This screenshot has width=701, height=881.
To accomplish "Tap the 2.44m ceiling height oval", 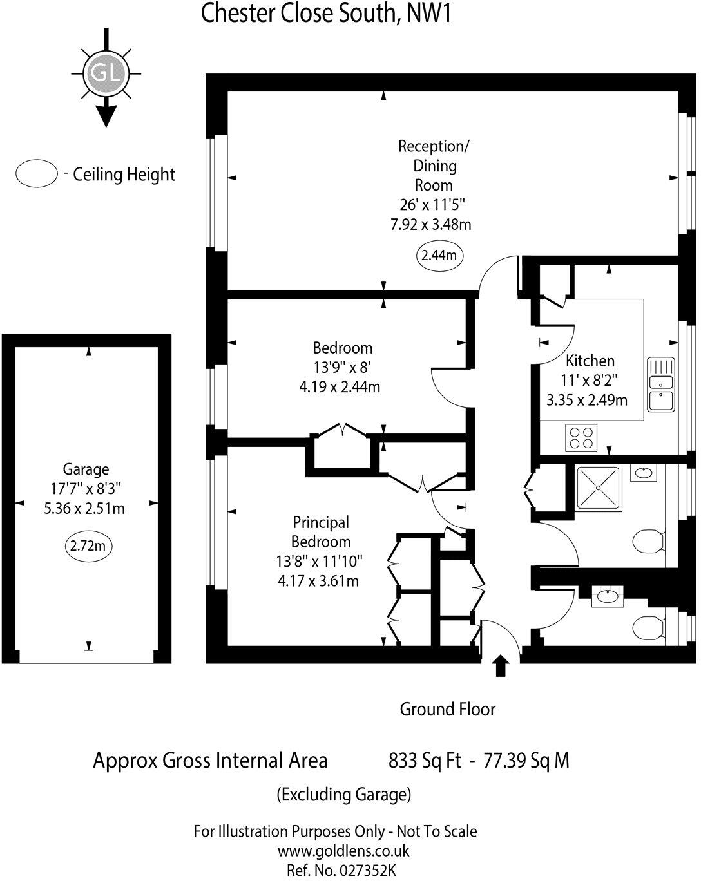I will click(x=439, y=255).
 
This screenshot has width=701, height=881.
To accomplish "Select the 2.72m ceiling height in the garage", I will click(x=88, y=546).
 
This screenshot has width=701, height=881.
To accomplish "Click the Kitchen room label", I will click(x=590, y=361).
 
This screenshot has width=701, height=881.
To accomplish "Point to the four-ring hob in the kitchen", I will click(x=581, y=438).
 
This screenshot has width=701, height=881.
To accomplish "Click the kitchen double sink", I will click(x=660, y=384).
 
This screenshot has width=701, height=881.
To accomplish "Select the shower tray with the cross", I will click(x=599, y=488).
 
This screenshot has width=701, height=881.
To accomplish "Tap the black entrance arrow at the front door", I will click(x=500, y=666).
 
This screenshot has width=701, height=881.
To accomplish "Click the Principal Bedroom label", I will click(x=321, y=532).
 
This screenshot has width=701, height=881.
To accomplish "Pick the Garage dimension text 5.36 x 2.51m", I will click(x=84, y=509).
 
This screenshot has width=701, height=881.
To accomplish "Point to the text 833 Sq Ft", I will click(x=425, y=761).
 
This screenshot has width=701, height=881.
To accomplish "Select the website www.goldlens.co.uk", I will click(x=343, y=851).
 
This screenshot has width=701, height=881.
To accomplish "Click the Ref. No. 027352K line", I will click(x=341, y=871).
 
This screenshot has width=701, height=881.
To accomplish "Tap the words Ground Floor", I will click(x=447, y=709).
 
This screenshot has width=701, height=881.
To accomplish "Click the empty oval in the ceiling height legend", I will click(x=37, y=174).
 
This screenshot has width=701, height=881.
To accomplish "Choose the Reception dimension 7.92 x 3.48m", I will click(x=430, y=224).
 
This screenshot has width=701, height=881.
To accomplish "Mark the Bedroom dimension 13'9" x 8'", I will click(x=342, y=368).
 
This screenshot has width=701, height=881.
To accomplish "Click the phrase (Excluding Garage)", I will click(x=343, y=795).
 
